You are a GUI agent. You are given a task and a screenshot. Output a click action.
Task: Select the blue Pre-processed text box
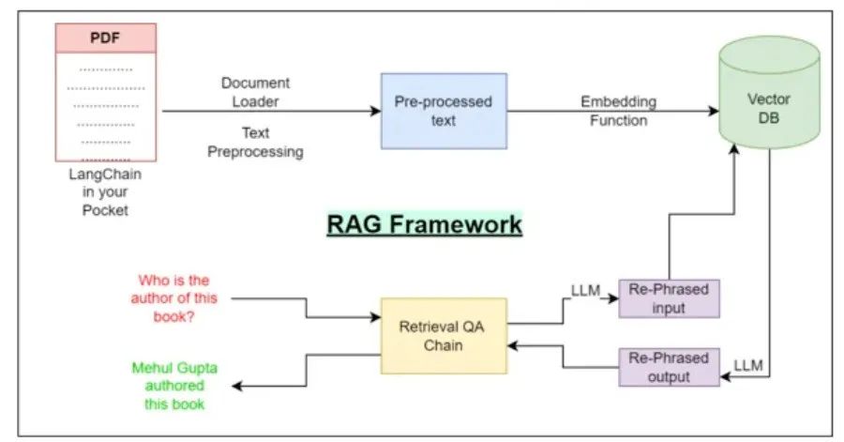444,111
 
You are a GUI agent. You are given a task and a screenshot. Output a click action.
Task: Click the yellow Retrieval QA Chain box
444,337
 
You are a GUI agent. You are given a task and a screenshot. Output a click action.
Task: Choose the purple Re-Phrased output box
669,368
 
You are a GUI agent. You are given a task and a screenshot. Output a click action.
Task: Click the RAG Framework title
424,225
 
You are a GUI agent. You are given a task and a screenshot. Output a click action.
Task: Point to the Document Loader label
256,92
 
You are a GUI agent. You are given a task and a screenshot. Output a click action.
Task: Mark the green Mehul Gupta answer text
175,386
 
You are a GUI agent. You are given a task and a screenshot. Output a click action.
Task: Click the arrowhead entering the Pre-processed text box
375,111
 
